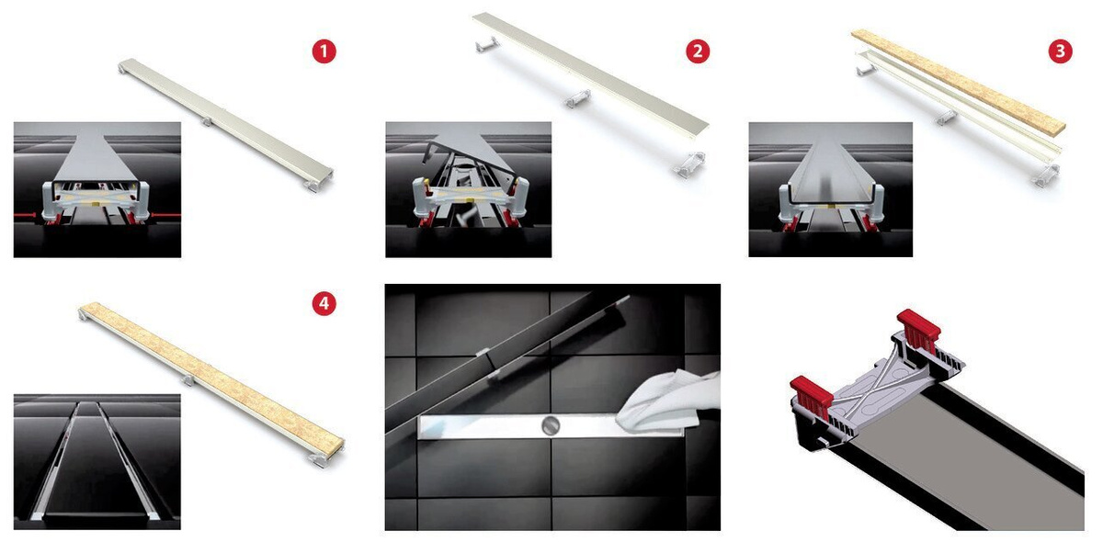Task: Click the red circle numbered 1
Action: (x=324, y=51)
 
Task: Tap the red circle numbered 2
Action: (x=698, y=51)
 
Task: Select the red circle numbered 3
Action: (x=1061, y=51)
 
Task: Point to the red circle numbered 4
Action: (x=324, y=303)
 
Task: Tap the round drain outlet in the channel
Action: (x=550, y=425)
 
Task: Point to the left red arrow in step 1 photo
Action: (x=25, y=216)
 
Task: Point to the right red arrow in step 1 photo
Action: (x=166, y=215)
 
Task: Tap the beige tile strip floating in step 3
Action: (x=958, y=80)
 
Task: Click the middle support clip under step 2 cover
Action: (x=577, y=99)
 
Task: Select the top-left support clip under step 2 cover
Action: (x=486, y=45)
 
